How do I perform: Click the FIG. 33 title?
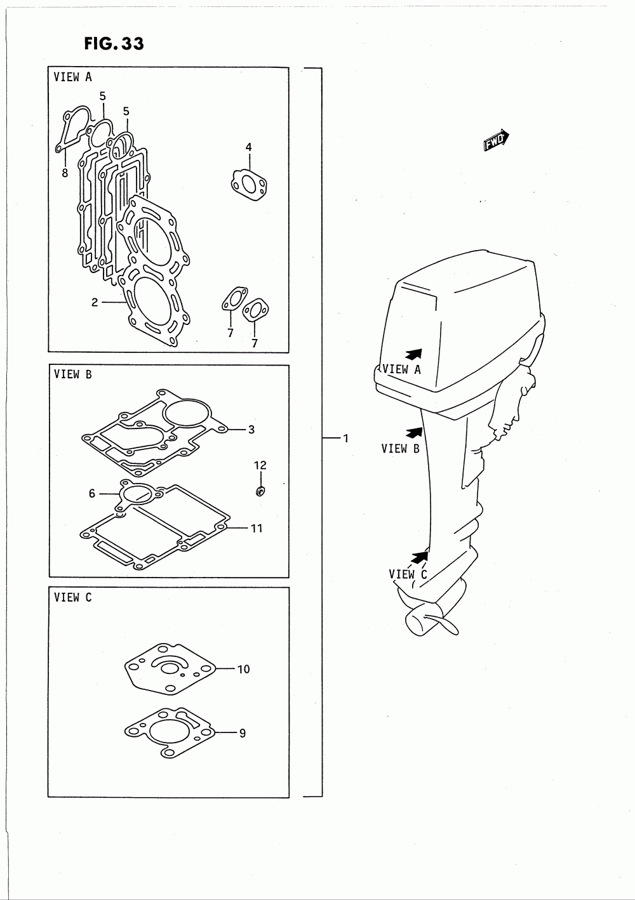pos(113,43)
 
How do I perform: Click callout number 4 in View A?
pos(249,147)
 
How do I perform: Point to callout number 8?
pos(65,172)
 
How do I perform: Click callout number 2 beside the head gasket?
pos(95,303)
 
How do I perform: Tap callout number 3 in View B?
pos(251,430)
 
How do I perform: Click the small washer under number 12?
pos(260,491)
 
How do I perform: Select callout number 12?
pos(260,465)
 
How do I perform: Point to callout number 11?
pos(256,528)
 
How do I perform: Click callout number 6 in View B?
pos(92,493)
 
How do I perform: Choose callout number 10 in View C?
pos(244,669)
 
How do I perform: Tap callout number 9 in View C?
pos(242,733)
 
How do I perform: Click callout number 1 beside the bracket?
pos(345,438)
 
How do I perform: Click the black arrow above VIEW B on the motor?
pos(413,433)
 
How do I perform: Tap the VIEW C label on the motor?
pos(408,574)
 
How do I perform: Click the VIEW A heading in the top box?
pos(73,77)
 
